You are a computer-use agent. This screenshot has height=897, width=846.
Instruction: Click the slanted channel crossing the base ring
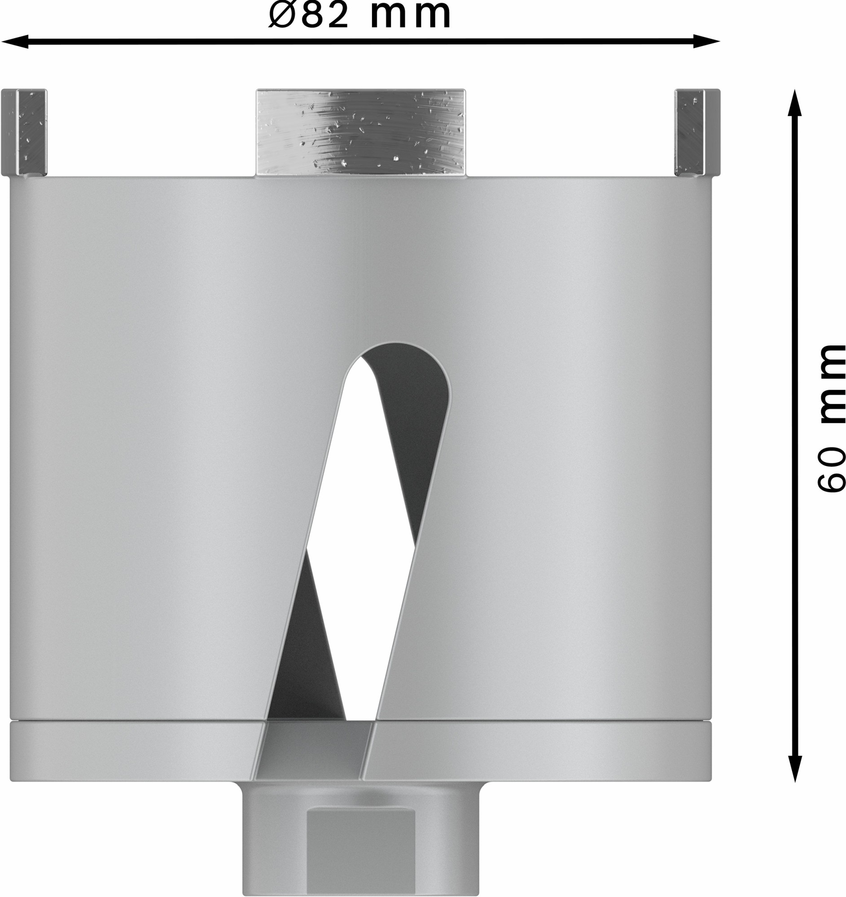point(314,750)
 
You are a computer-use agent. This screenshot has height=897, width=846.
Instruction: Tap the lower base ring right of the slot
point(542,750)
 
